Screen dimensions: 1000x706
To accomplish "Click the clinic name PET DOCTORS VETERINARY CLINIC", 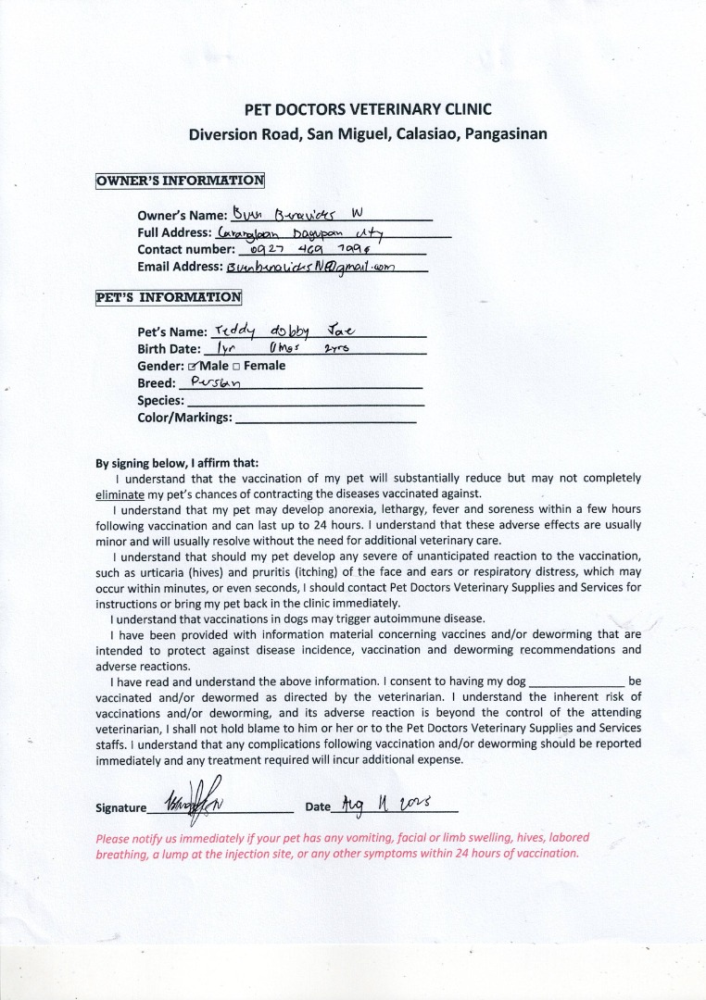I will tap(368, 109).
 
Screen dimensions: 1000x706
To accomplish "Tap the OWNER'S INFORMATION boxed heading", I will tap(180, 181).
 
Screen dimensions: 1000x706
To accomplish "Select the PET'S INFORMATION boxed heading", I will tap(169, 297).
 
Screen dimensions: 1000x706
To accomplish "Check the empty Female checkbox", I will tap(236, 366).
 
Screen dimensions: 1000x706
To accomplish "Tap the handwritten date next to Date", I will tap(381, 803).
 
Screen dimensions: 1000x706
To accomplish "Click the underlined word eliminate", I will tap(120, 494).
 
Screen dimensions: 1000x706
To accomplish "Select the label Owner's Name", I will tap(175, 216).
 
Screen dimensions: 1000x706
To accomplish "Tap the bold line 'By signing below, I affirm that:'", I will tap(177, 463).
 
